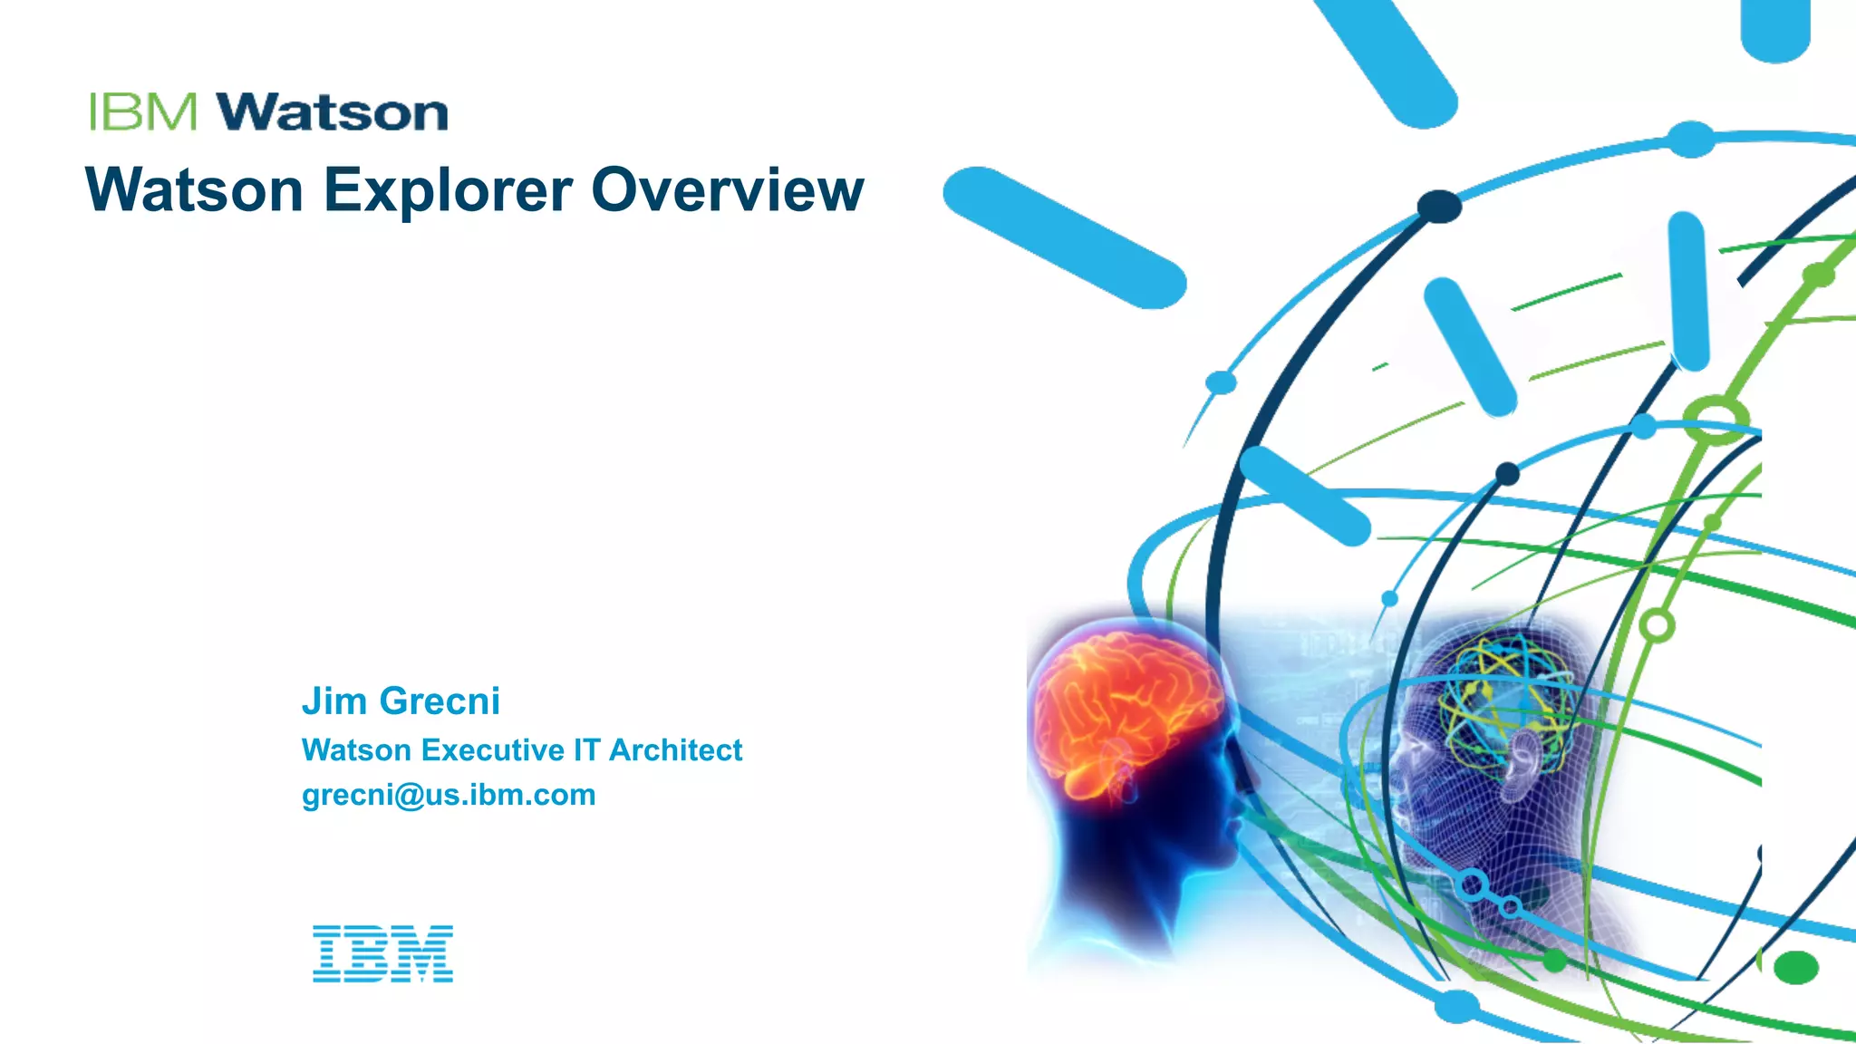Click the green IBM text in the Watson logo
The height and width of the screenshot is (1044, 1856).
click(143, 112)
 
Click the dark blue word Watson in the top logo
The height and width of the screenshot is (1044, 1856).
click(332, 112)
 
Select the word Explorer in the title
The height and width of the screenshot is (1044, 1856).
click(448, 190)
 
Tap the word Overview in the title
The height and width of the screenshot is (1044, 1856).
click(728, 190)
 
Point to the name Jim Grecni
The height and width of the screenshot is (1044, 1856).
click(401, 701)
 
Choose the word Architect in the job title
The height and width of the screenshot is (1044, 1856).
click(675, 750)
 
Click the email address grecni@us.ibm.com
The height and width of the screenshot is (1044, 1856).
click(449, 795)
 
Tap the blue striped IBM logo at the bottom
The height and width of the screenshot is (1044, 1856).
click(382, 953)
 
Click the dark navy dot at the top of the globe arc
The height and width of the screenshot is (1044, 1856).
click(1439, 206)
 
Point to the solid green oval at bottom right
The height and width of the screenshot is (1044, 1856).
click(1795, 967)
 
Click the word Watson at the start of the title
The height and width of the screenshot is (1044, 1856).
click(194, 190)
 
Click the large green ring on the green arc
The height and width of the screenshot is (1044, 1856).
click(1716, 419)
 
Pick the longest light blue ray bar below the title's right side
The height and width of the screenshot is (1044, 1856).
click(1065, 237)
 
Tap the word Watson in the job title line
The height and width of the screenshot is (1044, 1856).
click(357, 750)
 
